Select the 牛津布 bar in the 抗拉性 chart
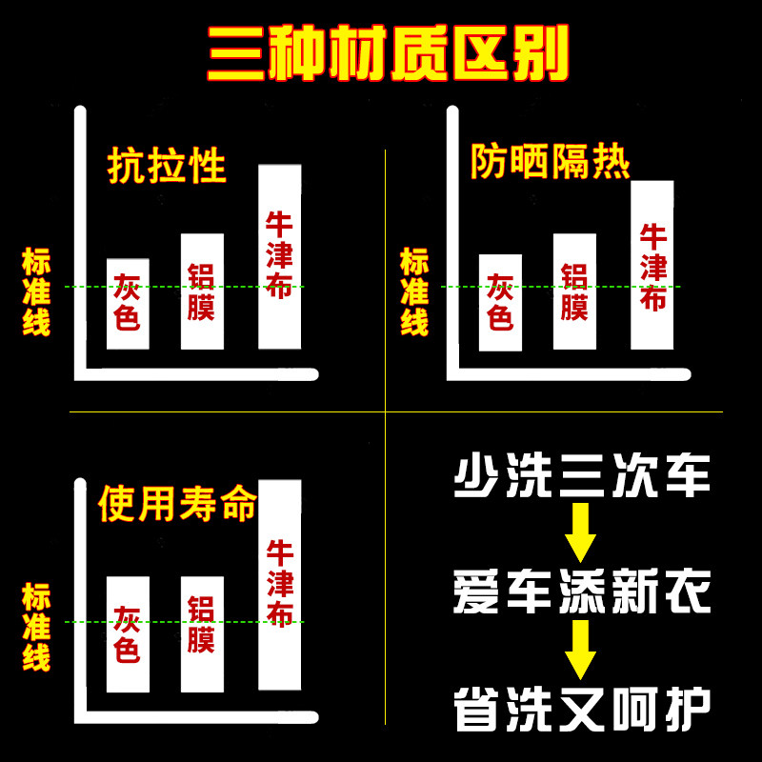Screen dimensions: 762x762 279,256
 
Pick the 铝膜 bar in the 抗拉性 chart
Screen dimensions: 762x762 202,291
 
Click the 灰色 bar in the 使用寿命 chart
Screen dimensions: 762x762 128,633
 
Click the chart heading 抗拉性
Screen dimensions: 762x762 168,165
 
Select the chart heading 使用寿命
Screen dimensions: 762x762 178,504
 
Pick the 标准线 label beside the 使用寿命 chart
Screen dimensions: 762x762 36,626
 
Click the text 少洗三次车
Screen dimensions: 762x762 582,475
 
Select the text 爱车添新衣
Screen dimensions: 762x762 582,592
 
